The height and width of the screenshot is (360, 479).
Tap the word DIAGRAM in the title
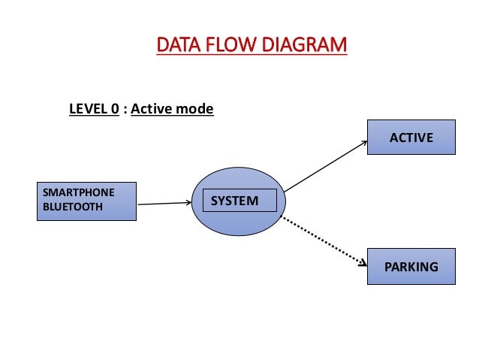[x=304, y=44]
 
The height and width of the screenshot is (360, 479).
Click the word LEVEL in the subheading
[x=86, y=109]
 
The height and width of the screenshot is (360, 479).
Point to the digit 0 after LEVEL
[x=115, y=109]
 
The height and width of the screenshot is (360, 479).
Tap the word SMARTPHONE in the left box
[x=79, y=192]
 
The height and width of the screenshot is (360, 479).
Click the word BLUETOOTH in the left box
[x=73, y=207]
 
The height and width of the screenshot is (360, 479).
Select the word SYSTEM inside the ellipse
[x=234, y=201]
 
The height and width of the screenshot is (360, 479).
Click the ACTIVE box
[x=411, y=137]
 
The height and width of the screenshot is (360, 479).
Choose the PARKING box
[x=411, y=266]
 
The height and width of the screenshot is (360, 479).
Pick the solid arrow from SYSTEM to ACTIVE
[x=326, y=166]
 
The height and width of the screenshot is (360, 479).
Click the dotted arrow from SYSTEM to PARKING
[x=324, y=241]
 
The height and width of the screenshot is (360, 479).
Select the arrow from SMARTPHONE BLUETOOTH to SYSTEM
[x=164, y=203]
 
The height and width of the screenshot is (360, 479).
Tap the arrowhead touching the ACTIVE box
[x=365, y=143]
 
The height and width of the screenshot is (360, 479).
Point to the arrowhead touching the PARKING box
[x=363, y=263]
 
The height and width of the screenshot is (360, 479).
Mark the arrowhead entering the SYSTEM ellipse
[x=188, y=202]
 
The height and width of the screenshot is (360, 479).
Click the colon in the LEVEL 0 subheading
[x=125, y=110]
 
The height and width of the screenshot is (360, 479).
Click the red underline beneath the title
[x=252, y=54]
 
